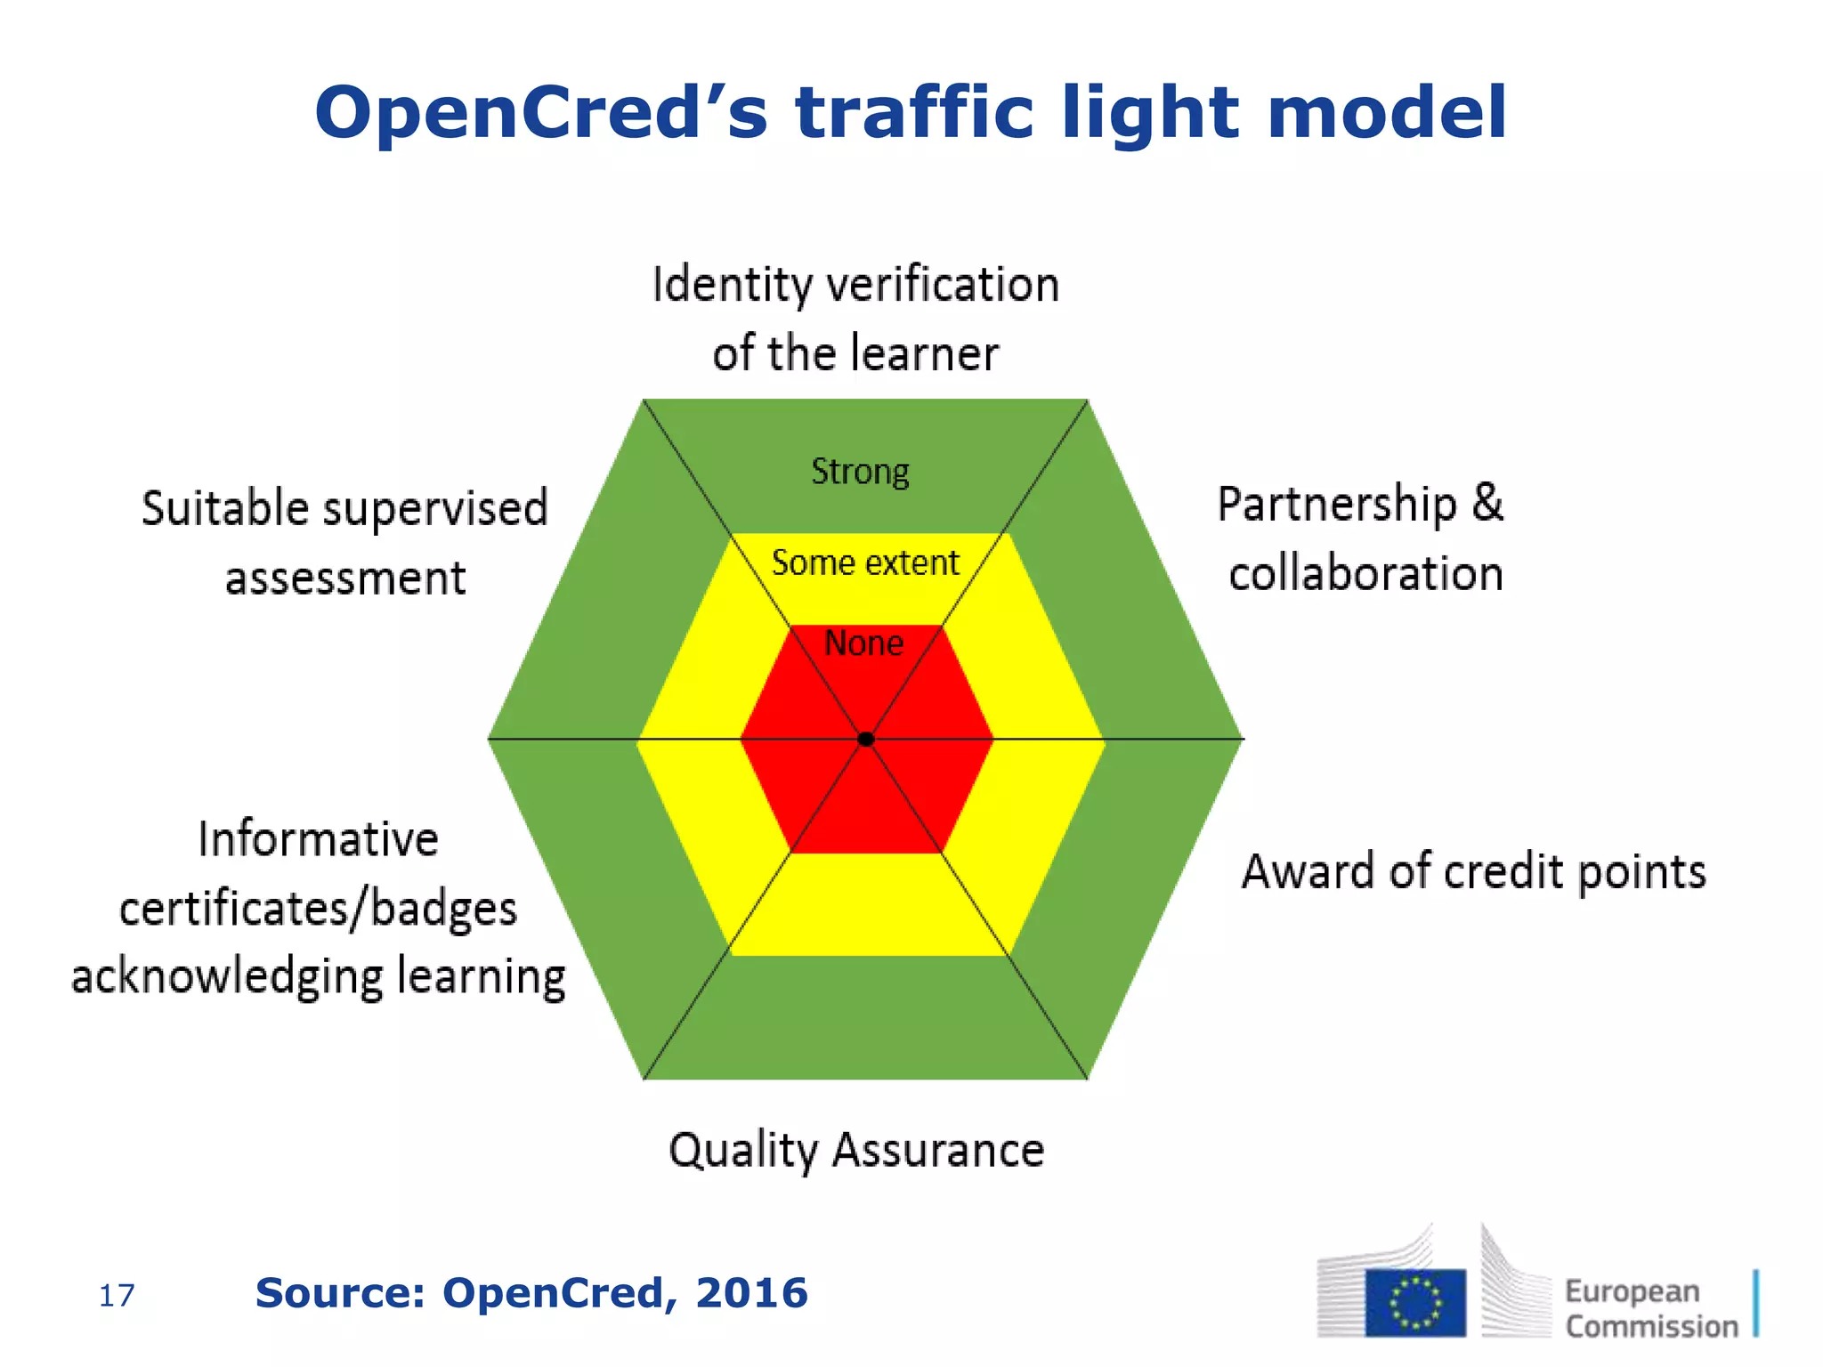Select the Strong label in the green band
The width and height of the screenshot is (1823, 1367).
tap(860, 472)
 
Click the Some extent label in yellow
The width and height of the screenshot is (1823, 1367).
tap(865, 562)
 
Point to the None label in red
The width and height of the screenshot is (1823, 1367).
tap(863, 643)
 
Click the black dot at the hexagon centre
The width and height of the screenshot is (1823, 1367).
tap(865, 739)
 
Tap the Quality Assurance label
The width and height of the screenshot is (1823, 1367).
tap(856, 1150)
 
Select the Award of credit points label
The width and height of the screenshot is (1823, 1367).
tap(1474, 871)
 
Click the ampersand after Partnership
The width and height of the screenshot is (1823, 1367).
tap(1487, 503)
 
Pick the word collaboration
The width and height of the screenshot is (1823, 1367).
tap(1365, 573)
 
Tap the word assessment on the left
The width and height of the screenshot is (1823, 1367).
tap(345, 578)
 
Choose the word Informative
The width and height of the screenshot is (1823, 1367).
tap(319, 839)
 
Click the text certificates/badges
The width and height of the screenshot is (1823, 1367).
tap(319, 910)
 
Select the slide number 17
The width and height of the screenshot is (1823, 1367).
tap(117, 1296)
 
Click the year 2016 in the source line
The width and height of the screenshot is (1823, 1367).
tap(751, 1293)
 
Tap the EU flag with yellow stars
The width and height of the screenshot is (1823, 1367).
tap(1415, 1302)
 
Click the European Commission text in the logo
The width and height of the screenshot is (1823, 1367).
tap(1651, 1308)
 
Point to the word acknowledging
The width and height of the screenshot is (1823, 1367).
tap(227, 977)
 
